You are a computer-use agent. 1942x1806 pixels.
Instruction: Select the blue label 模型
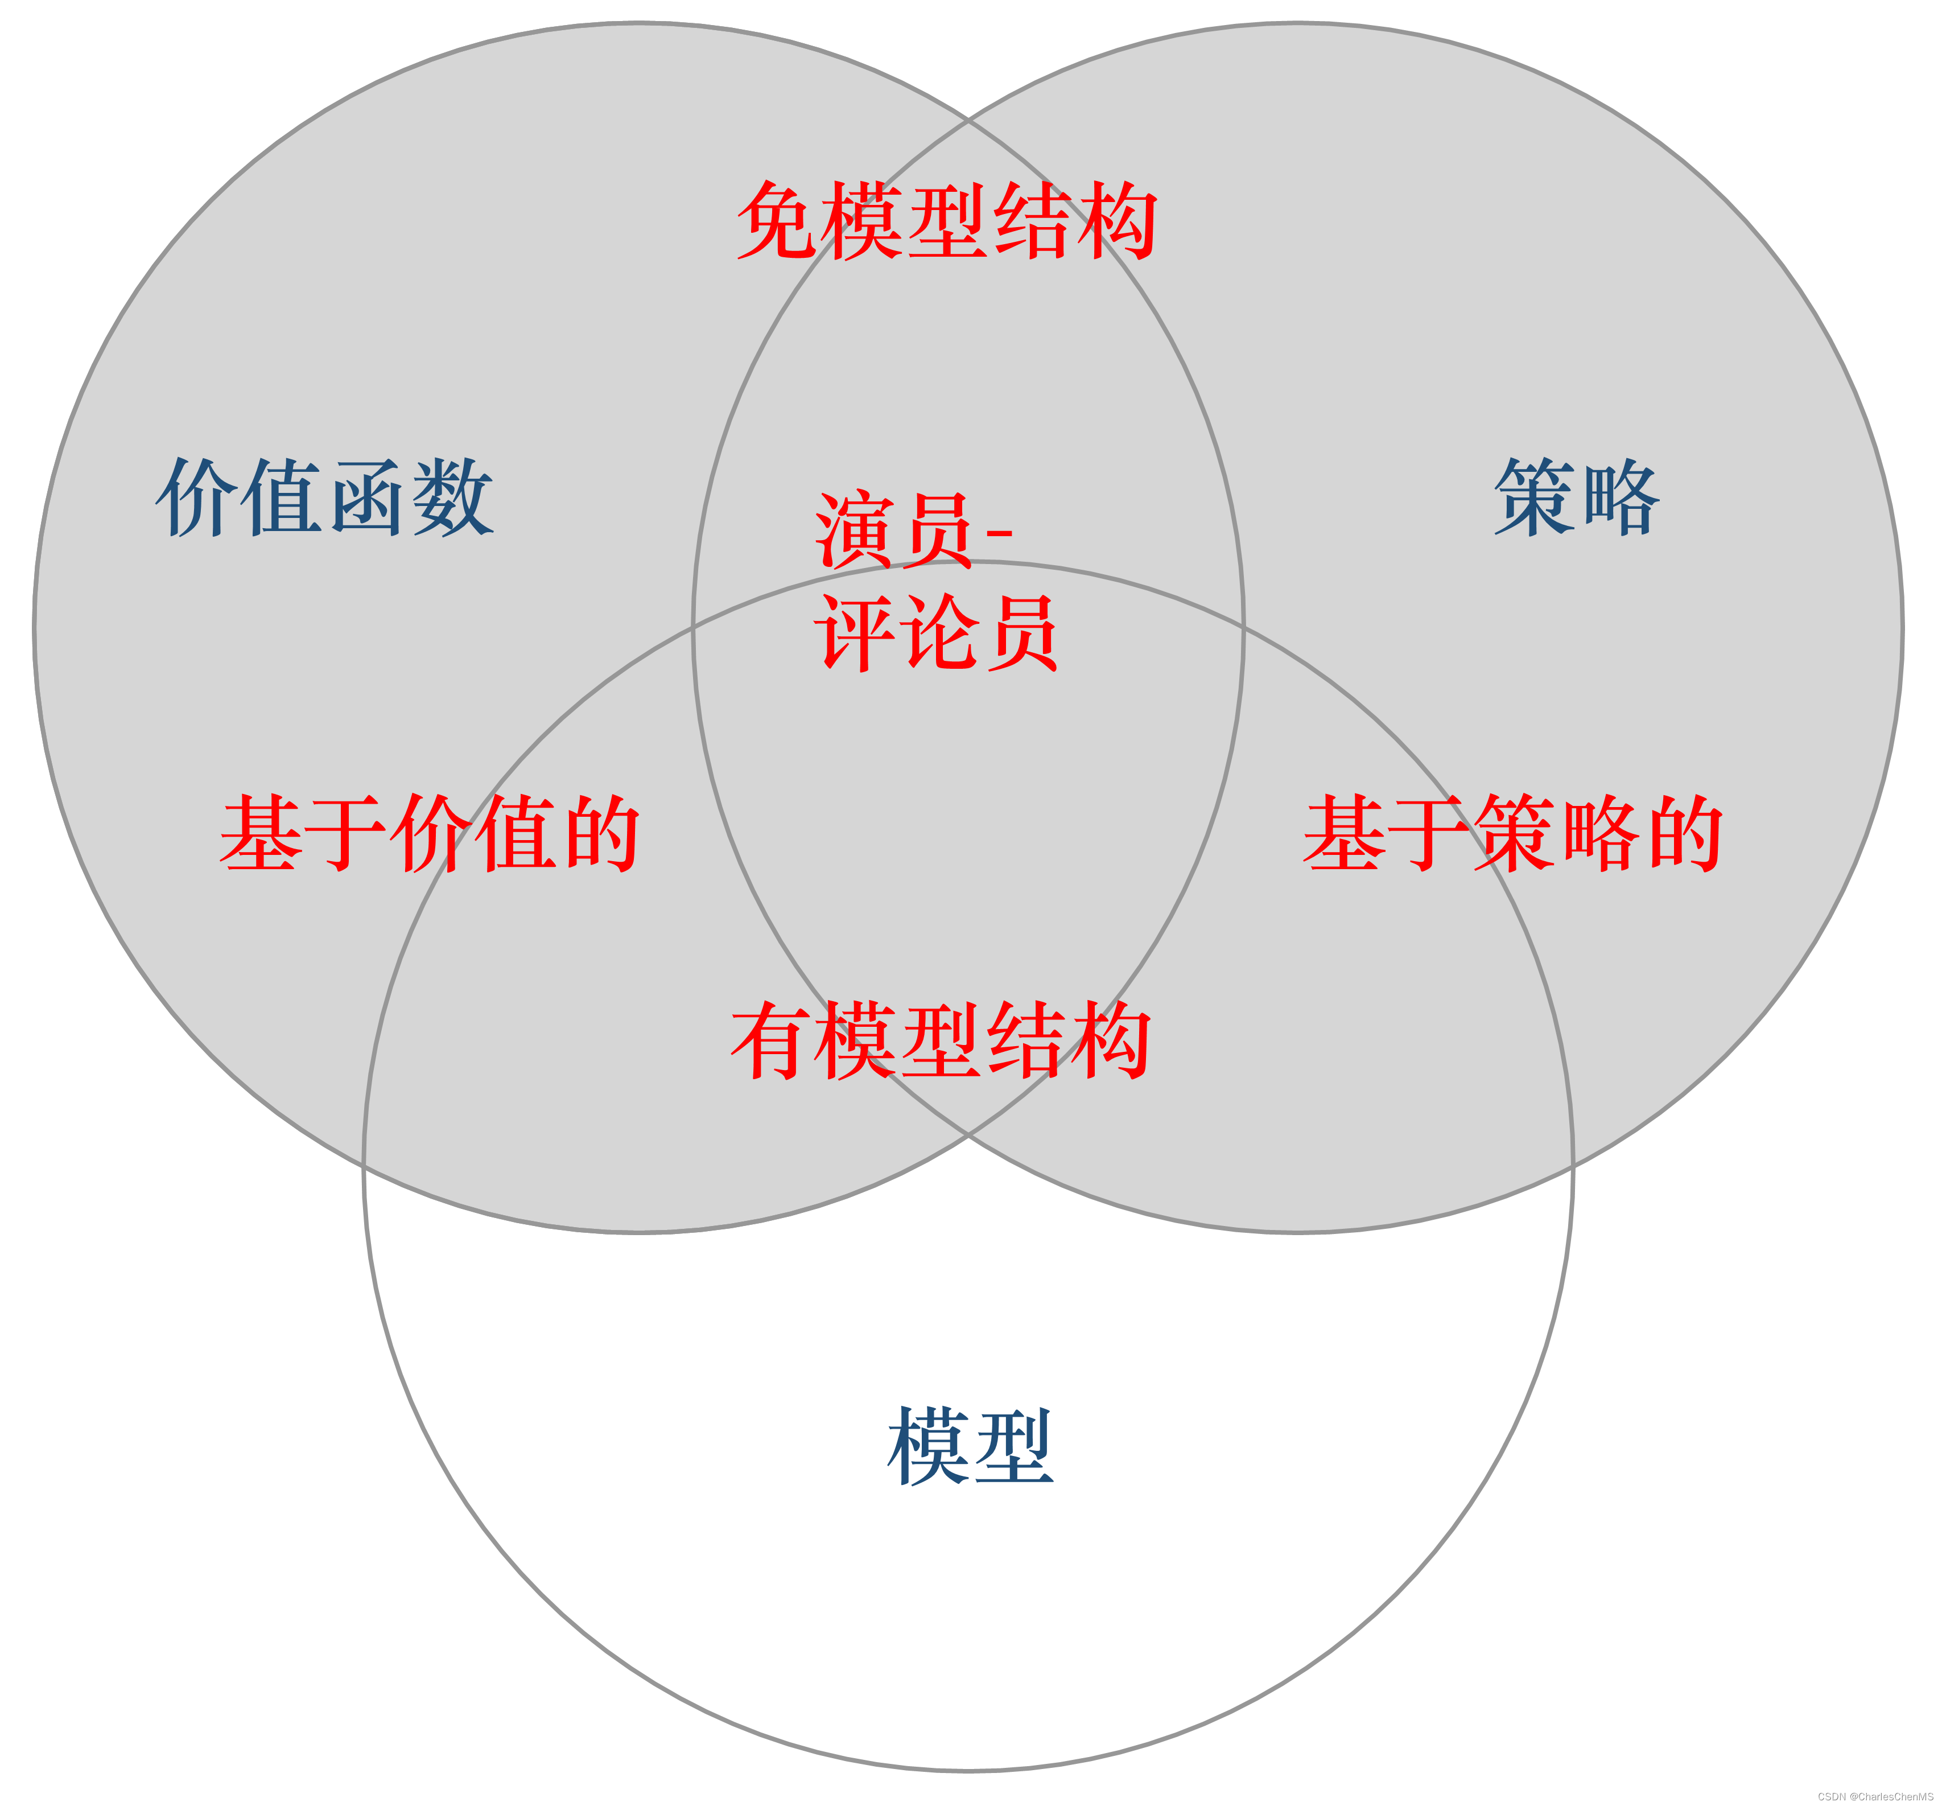(x=970, y=1446)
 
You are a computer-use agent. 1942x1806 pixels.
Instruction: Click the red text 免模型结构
(x=947, y=221)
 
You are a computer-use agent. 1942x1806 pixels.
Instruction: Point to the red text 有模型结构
(x=941, y=1040)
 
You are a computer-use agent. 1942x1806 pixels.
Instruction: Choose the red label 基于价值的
(x=430, y=833)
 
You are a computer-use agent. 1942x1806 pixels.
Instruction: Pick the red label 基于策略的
(x=1512, y=833)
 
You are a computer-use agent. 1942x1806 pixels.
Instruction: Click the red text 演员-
(x=913, y=530)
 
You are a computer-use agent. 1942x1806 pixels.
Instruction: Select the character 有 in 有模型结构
(x=771, y=1040)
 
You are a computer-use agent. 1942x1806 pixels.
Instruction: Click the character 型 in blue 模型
(x=1013, y=1446)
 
